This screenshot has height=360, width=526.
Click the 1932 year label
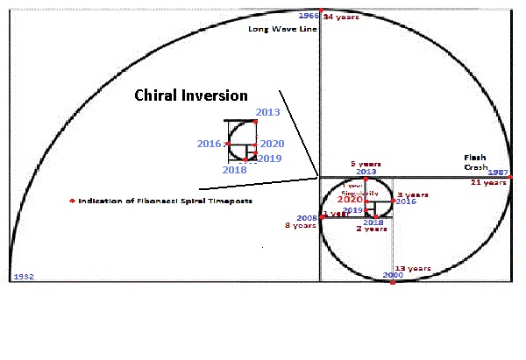click(23, 276)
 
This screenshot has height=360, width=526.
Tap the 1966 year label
click(308, 16)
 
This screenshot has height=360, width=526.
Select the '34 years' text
click(340, 17)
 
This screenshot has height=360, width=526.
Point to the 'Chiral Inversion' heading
click(190, 95)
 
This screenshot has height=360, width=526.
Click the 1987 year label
click(497, 173)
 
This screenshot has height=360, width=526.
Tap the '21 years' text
click(488, 182)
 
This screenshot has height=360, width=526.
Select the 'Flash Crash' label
click(475, 162)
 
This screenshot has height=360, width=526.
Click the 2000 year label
click(394, 276)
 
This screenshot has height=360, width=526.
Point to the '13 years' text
click(412, 268)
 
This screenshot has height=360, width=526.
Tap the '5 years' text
click(365, 164)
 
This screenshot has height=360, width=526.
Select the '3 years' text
click(412, 194)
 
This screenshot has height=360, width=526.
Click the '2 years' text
click(371, 229)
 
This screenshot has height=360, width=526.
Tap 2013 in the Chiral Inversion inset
click(267, 112)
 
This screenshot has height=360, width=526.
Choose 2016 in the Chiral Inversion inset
click(209, 144)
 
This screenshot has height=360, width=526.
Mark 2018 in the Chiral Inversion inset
click(234, 170)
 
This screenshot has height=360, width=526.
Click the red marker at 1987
click(510, 177)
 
